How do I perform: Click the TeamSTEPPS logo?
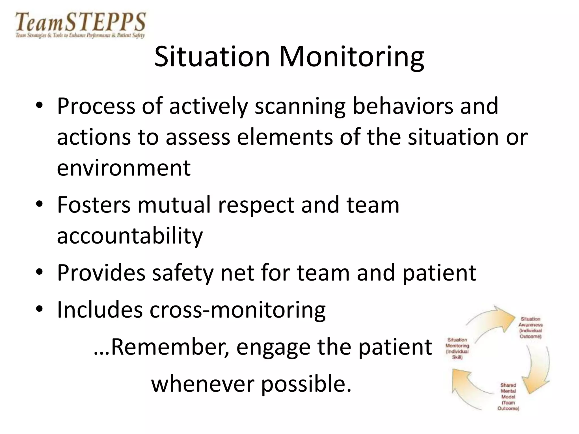[x=81, y=25]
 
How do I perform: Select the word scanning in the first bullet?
[x=300, y=107]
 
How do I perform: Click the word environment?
[x=124, y=168]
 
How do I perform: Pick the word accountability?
[x=130, y=236]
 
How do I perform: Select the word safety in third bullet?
[x=183, y=273]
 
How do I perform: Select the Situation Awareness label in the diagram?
[x=530, y=328]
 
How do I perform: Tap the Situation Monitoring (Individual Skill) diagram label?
[x=457, y=348]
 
